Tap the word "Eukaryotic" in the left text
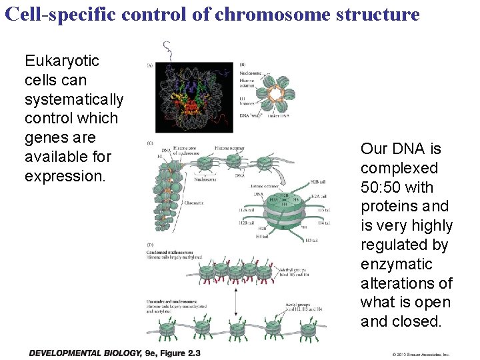[x=62, y=61]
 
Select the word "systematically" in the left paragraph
[x=74, y=99]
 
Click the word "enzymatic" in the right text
[x=396, y=264]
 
